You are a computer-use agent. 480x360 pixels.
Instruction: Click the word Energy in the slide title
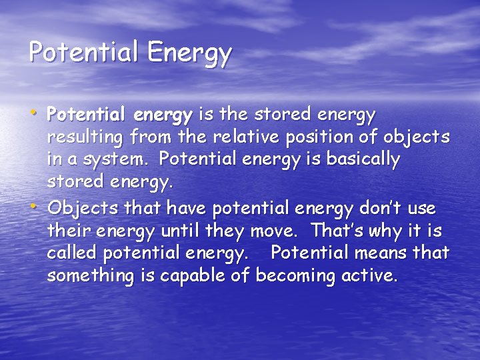(x=190, y=52)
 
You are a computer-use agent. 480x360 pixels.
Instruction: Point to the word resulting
(x=84, y=138)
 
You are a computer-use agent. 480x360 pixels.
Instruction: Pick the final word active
(x=371, y=276)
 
